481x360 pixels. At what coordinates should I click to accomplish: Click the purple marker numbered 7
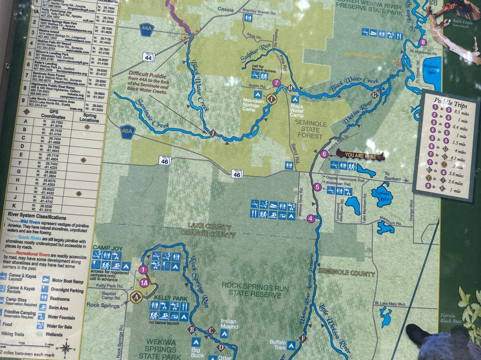coord(277,83)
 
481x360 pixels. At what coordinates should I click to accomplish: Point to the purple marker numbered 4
coord(311,218)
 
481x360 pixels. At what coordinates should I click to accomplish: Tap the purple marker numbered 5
coord(317,187)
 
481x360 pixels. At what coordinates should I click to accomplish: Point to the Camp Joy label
coord(104,247)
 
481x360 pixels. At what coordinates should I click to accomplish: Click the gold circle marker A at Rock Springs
coord(136,296)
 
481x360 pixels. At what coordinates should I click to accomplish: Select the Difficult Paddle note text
coord(148,82)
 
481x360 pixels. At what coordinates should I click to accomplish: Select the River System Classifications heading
coord(38,217)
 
